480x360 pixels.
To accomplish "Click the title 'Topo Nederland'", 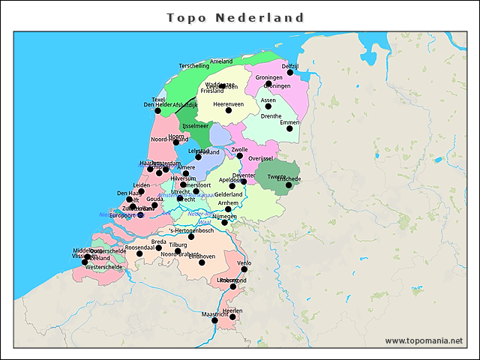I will (235, 17).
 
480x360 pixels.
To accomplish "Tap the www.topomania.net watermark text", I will (424, 340).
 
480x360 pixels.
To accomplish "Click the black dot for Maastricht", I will (214, 320).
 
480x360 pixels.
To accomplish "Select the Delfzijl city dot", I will (290, 73).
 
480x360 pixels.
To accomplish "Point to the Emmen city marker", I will (289, 129).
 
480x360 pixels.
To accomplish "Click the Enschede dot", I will (289, 185).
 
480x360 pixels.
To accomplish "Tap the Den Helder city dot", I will (157, 112).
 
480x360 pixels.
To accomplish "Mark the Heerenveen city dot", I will (228, 111).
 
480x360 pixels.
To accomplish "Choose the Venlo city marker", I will (244, 270).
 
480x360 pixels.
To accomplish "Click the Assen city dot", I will (268, 106).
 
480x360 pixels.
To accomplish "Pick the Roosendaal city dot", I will (139, 253).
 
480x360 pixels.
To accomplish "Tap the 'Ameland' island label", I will (221, 61).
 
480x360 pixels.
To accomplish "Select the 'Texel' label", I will (158, 99).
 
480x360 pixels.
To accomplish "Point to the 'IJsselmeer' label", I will (195, 126).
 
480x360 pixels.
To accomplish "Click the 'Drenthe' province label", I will (271, 116).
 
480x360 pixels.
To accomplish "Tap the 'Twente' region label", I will (266, 176).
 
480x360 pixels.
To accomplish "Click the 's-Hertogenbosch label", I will (192, 229).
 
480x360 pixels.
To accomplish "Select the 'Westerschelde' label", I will (104, 266).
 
